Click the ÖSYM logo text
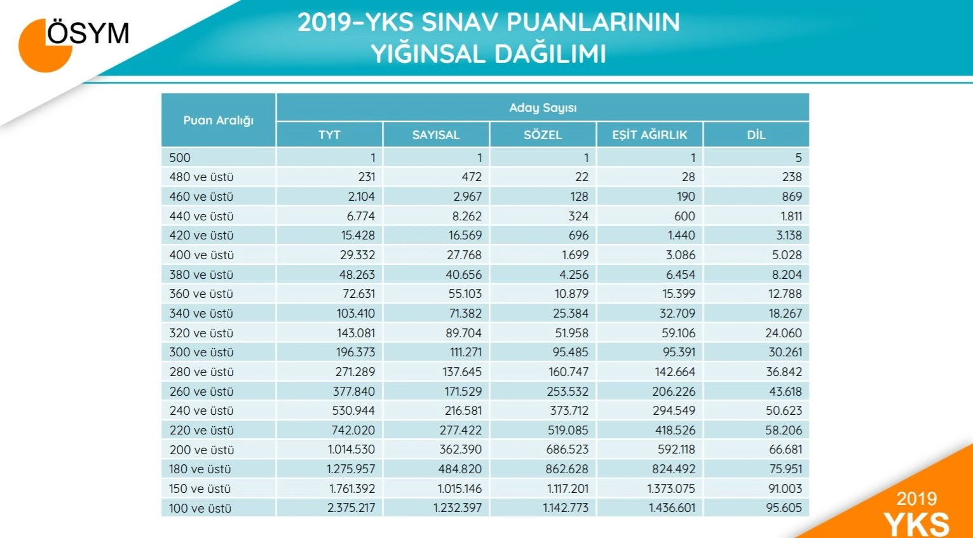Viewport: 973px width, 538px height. tap(88, 33)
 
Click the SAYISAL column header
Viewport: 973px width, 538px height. tap(435, 135)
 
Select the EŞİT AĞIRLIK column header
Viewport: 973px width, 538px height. tap(650, 135)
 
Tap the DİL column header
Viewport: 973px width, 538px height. tap(756, 135)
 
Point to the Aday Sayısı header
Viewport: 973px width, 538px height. tap(542, 107)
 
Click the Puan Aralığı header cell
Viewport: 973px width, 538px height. tap(218, 120)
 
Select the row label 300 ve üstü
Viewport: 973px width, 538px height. tap(201, 353)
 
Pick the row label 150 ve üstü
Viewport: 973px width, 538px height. tap(200, 488)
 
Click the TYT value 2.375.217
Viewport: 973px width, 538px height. tap(351, 508)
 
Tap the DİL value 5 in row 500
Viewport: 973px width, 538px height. tap(798, 158)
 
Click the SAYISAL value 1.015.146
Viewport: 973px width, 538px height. tap(459, 488)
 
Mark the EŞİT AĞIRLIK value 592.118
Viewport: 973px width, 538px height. tap(676, 450)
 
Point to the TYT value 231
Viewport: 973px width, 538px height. tap(367, 177)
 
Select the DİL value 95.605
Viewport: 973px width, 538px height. tap(784, 508)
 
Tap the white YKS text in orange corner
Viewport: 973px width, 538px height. tap(916, 524)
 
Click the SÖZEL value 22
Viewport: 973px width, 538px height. tap(582, 177)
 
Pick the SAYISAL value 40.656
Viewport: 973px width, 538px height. tap(463, 274)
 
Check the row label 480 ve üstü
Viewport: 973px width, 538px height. tap(201, 177)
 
